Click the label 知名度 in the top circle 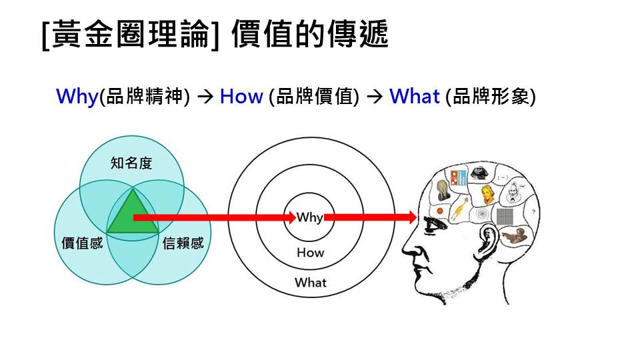pyautogui.click(x=131, y=163)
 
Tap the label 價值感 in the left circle pyautogui.click(x=82, y=243)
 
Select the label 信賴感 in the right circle pyautogui.click(x=183, y=243)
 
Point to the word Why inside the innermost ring pyautogui.click(x=310, y=217)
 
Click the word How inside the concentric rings pyautogui.click(x=310, y=253)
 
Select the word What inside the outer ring pyautogui.click(x=311, y=282)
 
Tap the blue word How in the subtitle pyautogui.click(x=241, y=97)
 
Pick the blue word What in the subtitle pyautogui.click(x=415, y=97)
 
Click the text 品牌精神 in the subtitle pyautogui.click(x=145, y=97)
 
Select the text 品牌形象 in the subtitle pyautogui.click(x=490, y=97)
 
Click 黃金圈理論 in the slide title pyautogui.click(x=130, y=34)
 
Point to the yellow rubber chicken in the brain pyautogui.click(x=459, y=209)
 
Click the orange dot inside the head pyautogui.click(x=439, y=211)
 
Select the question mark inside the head pyautogui.click(x=533, y=212)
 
